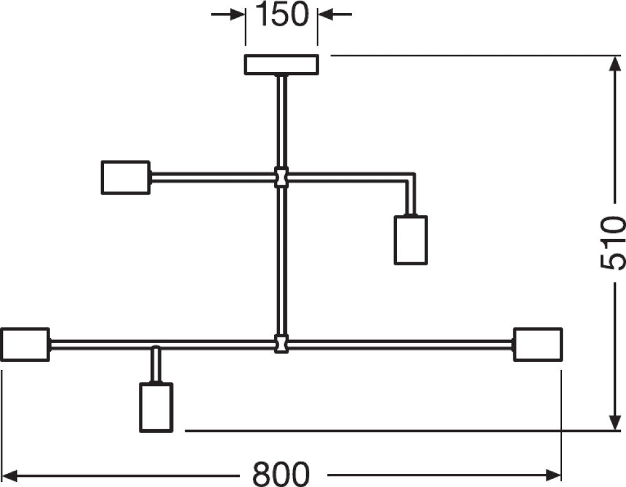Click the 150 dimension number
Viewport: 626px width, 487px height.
(x=282, y=14)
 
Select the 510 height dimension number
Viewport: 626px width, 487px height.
(x=612, y=243)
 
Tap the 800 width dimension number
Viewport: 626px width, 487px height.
(x=281, y=474)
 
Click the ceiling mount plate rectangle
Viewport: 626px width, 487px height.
(x=282, y=64)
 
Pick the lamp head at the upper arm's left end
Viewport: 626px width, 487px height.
(x=126, y=178)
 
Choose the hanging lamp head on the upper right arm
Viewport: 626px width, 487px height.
(x=411, y=240)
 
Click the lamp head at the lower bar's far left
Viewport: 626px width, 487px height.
(x=25, y=344)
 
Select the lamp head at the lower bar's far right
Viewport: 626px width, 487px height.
(x=538, y=344)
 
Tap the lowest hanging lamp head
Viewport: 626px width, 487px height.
(x=156, y=408)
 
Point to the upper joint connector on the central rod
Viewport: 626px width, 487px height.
(x=282, y=177)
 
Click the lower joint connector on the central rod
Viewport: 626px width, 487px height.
(x=282, y=344)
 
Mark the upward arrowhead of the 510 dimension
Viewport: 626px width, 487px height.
(x=614, y=64)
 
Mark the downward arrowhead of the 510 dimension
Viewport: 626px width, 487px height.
(x=614, y=423)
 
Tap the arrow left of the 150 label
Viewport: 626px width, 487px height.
(x=228, y=15)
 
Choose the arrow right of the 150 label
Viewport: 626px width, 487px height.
(x=334, y=15)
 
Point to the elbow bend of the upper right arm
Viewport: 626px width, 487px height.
(x=411, y=177)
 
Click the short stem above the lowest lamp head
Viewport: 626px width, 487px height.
(x=156, y=364)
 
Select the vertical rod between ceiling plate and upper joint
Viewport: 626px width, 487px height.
(x=282, y=121)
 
